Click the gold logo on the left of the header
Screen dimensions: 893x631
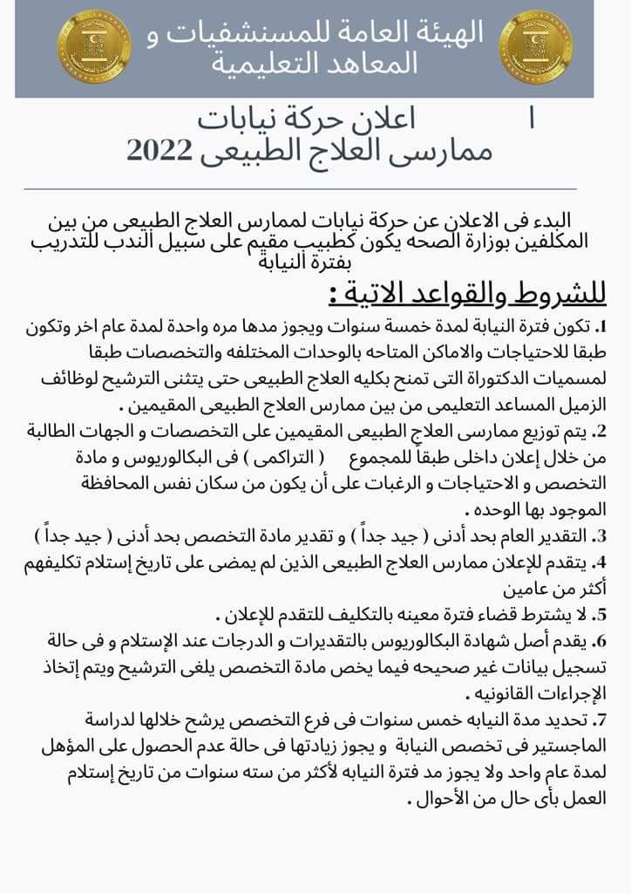coord(94,45)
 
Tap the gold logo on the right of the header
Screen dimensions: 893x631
coord(535,45)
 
